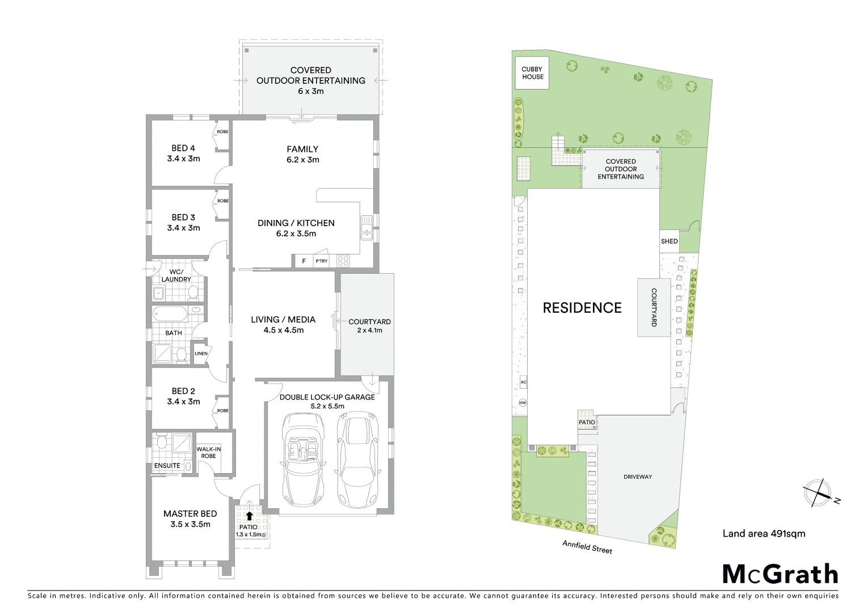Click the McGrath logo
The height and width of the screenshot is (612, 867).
point(780,574)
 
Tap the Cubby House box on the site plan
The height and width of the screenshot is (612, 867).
point(532,73)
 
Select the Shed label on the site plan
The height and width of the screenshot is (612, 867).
point(669,241)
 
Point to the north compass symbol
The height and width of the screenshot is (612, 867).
point(818,492)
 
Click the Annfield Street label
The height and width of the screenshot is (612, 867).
point(587,547)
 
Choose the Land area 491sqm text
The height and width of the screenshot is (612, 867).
point(764,533)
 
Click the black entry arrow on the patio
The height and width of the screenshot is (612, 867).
point(249,516)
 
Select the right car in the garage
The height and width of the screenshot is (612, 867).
point(356,462)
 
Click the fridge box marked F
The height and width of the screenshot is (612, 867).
point(304,261)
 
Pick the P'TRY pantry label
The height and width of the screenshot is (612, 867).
point(322,261)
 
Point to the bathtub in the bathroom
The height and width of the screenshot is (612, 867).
point(170,313)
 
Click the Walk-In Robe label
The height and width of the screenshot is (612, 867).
point(208,452)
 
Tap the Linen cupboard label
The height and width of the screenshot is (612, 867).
point(201,354)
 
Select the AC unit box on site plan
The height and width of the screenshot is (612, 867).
point(523,382)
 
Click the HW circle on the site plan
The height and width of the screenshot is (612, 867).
point(523,403)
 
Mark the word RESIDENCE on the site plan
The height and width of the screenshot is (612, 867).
point(582,308)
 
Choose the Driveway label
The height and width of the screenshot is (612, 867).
point(637,477)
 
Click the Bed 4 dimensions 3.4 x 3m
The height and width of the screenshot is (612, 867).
point(183,159)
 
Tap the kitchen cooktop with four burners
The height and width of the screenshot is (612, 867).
point(343,261)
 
